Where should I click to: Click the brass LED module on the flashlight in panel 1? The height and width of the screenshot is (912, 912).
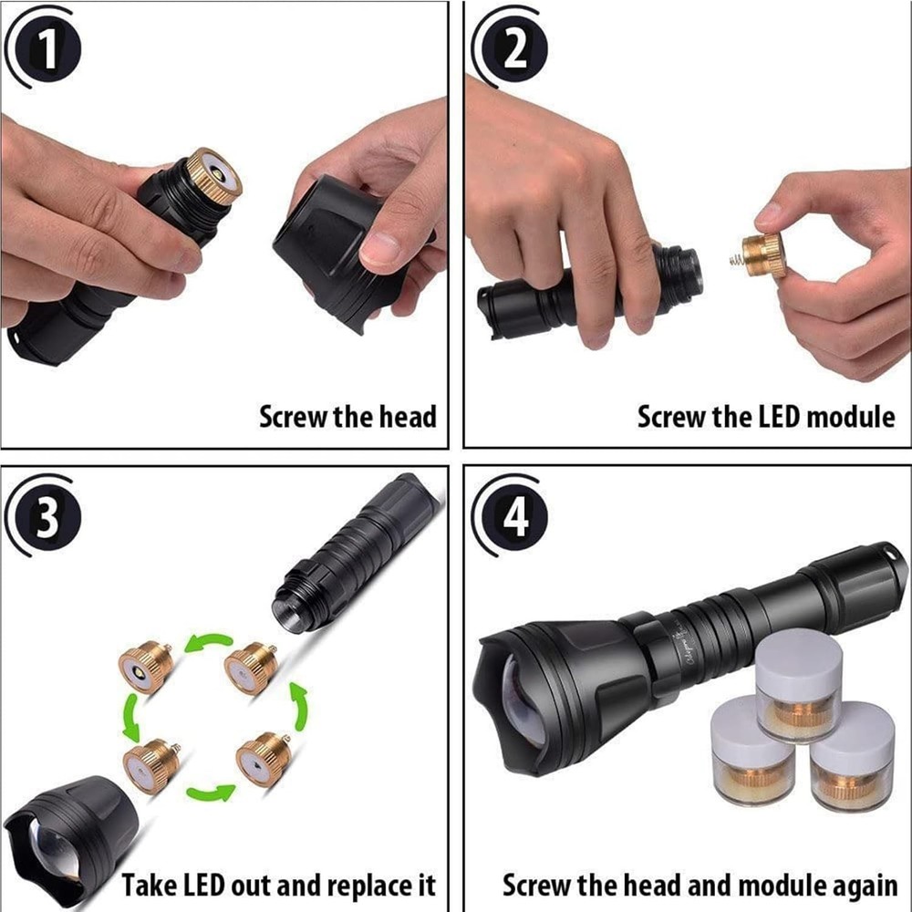214,175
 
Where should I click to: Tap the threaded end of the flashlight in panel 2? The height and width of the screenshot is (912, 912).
679,274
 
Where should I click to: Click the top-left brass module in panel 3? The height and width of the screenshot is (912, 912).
146,667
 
